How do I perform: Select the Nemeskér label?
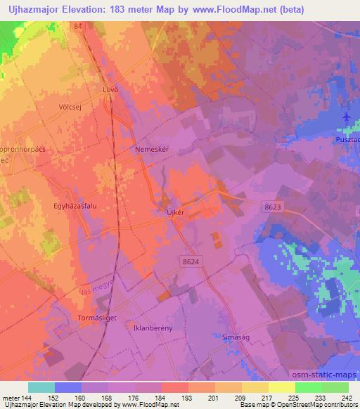152,150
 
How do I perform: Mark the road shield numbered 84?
77,26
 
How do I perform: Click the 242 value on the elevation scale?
345,397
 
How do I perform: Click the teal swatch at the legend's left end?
41,387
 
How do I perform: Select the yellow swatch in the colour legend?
281,387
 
